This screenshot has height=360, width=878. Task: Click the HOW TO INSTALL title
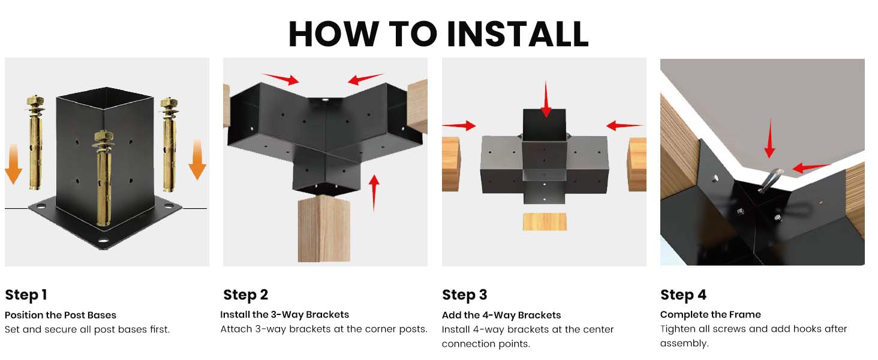[438, 34]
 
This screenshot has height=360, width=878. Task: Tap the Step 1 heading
[26, 295]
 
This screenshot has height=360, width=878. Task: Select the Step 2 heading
[245, 295]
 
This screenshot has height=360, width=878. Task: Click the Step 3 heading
[464, 295]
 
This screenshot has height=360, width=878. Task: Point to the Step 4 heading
[683, 295]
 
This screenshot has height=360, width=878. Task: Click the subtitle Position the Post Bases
[61, 315]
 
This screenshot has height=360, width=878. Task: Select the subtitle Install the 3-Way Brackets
[284, 314]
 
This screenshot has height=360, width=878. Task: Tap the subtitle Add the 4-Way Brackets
[501, 315]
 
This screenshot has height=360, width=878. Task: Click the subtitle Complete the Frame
[710, 314]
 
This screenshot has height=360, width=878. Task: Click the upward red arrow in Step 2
[374, 192]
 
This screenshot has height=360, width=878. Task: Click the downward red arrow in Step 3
[545, 100]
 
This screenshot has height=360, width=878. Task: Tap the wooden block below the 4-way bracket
[545, 221]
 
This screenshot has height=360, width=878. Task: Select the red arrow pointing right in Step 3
[459, 125]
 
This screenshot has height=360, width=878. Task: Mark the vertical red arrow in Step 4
[769, 139]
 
